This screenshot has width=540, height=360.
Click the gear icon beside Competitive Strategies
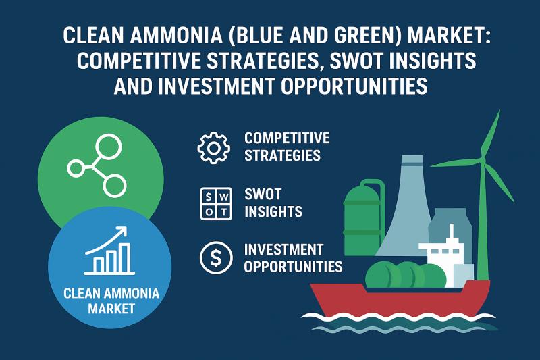(213, 147)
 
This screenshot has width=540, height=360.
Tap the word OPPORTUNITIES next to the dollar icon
(293, 266)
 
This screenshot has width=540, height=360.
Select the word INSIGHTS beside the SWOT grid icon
(273, 211)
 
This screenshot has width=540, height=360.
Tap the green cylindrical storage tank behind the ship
(362, 216)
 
